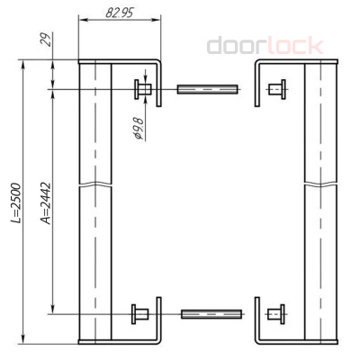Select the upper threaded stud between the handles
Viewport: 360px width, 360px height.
click(208, 88)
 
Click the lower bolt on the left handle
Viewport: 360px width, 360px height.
click(142, 314)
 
